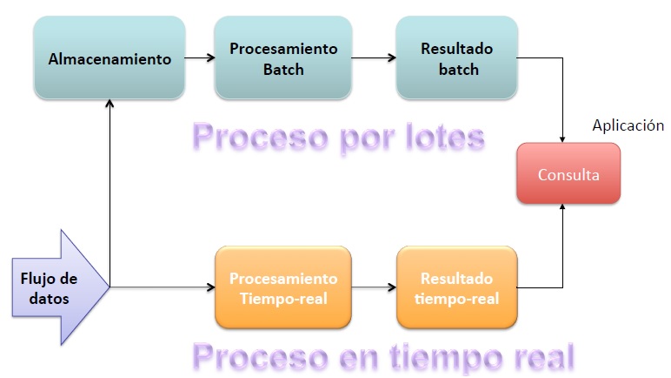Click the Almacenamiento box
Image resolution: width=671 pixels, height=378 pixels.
pos(110,58)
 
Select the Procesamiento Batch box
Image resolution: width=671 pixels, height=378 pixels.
pos(283,58)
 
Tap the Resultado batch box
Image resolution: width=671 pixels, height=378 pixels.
pos(456,58)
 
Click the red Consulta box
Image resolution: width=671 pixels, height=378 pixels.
pos(568,173)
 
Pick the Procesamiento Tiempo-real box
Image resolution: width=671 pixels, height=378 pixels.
pos(283,287)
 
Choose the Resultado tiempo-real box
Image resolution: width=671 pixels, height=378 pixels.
pos(456,287)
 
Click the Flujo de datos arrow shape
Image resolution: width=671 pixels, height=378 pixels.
pos(61,287)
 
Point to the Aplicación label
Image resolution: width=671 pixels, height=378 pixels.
pos(628,125)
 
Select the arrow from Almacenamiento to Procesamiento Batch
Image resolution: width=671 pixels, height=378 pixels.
pos(200,57)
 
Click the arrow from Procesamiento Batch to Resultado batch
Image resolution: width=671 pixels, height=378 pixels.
pos(374,57)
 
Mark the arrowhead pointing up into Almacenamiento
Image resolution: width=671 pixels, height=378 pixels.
pos(110,103)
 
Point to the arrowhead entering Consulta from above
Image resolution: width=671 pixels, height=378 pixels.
pos(562,139)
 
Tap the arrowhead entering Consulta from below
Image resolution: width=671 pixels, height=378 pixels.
pos(562,206)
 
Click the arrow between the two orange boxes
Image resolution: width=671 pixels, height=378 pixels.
pos(374,287)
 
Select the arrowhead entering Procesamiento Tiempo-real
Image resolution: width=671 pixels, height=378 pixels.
pos(211,287)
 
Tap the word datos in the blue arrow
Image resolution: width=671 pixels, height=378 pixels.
pos(49,298)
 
